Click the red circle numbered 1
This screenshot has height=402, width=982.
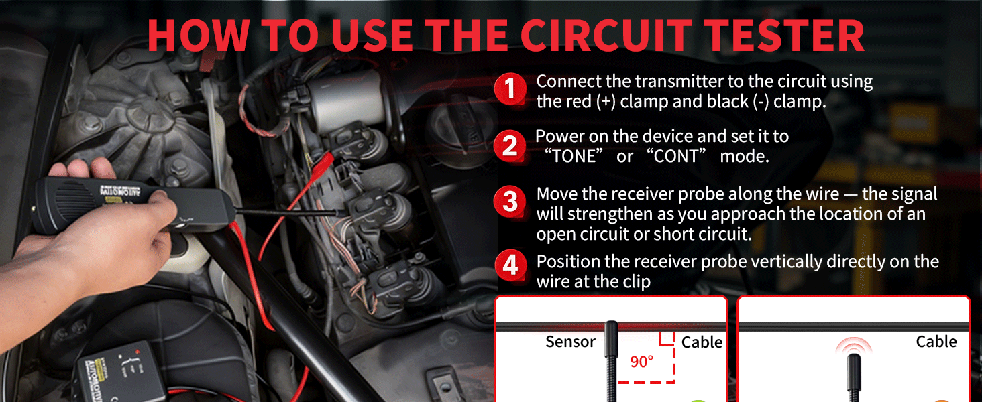click(510, 89)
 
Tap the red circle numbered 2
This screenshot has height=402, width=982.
click(510, 146)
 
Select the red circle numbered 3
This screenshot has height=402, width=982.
click(510, 202)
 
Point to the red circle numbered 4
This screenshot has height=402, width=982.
click(510, 265)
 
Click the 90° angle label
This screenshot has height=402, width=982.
click(642, 362)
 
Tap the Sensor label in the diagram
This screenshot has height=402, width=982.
click(570, 342)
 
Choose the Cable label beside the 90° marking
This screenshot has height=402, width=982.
click(702, 342)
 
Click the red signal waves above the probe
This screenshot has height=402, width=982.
click(854, 345)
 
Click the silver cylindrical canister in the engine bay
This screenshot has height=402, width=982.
click(346, 100)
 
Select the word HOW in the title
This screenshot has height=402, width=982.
click(198, 36)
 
